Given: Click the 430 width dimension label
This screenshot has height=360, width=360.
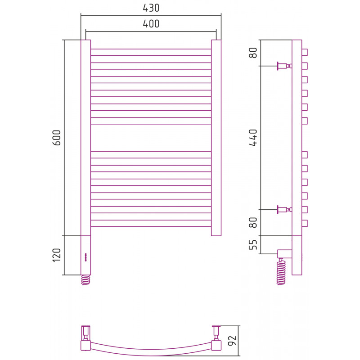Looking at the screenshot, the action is (x=151, y=8).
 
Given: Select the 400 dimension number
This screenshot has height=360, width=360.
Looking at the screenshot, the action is (x=151, y=24).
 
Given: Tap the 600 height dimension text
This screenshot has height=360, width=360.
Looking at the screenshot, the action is (x=57, y=138).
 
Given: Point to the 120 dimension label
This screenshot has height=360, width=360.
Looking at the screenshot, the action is (x=57, y=255).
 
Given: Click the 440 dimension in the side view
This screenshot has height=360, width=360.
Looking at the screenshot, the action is (x=253, y=138).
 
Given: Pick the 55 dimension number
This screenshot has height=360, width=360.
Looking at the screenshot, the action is (x=253, y=245).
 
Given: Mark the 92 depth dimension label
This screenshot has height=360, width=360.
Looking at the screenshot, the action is (x=232, y=341).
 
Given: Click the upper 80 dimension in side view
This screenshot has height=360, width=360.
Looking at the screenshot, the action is (x=253, y=53).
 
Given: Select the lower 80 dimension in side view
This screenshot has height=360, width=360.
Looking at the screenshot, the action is (x=253, y=222).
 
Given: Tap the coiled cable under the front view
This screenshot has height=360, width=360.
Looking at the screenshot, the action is (x=85, y=280).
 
